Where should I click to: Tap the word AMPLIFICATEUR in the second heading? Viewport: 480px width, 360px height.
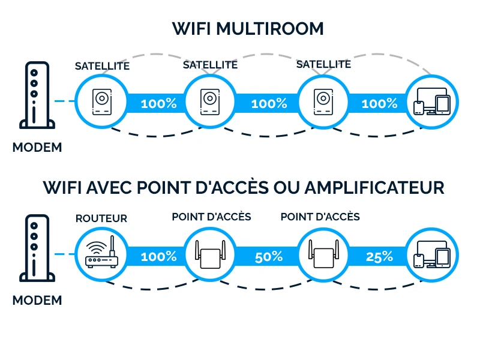coord(374,188)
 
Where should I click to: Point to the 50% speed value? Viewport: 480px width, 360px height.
coord(268,257)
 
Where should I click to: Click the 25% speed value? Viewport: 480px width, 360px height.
coord(379,257)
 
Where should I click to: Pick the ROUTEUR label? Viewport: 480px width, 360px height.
coord(101,218)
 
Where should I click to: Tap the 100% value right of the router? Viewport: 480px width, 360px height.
coord(158,257)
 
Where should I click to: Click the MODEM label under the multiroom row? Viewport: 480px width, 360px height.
coord(37,147)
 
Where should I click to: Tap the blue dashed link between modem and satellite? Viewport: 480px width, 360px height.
coord(62,101)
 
